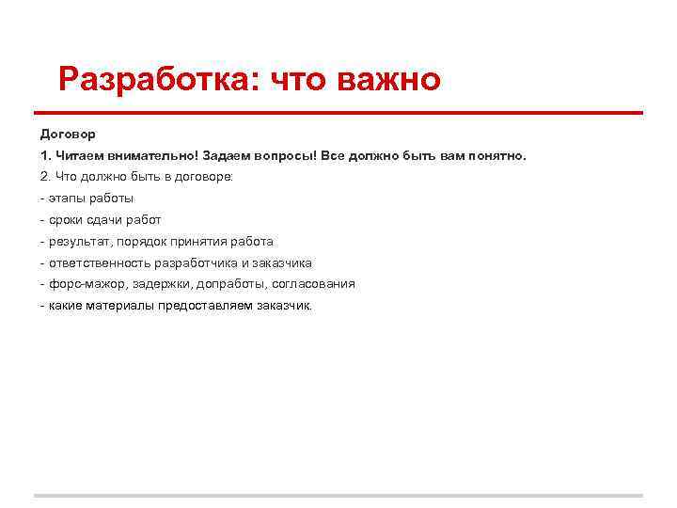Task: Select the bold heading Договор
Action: pyautogui.click(x=68, y=134)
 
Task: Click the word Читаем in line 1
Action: pyautogui.click(x=79, y=155)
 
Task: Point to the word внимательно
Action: pyautogui.click(x=149, y=155)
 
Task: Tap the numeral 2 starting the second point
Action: pyautogui.click(x=43, y=176)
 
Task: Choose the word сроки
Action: pyautogui.click(x=66, y=219)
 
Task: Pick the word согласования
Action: pyautogui.click(x=314, y=284)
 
